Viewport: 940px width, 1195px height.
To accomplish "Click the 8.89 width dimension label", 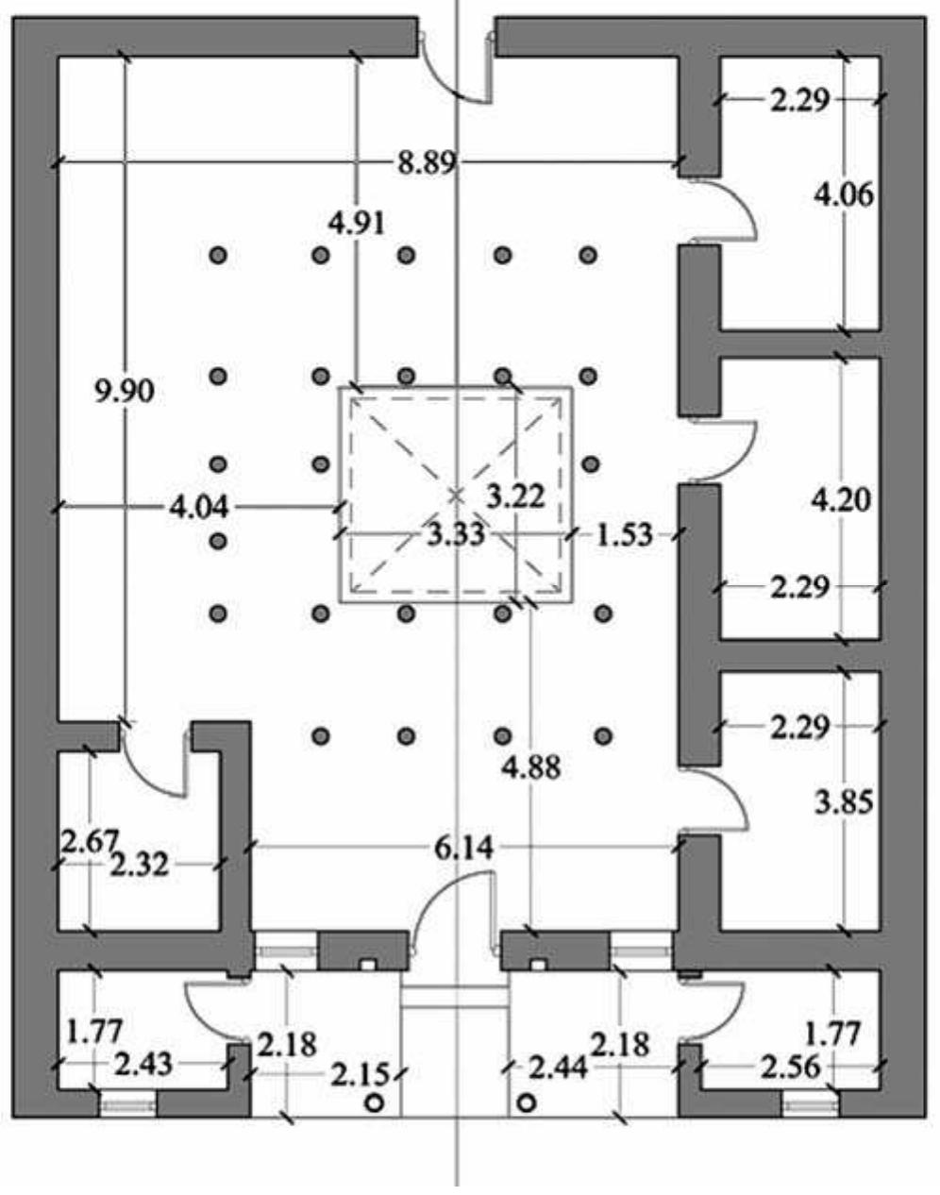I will (x=427, y=163).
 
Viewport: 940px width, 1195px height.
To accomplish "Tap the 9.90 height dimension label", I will (x=125, y=390).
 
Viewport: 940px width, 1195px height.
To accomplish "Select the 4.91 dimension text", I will (x=356, y=223).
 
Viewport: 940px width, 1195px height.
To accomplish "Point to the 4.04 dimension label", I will (x=198, y=508).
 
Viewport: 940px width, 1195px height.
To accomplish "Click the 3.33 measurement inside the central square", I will (x=456, y=535).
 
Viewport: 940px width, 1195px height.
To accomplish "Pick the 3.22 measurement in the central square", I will (x=515, y=495).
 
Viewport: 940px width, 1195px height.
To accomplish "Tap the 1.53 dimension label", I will (x=624, y=535).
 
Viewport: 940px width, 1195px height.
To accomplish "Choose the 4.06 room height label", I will (x=844, y=195).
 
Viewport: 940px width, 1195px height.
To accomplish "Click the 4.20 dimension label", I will (x=842, y=498).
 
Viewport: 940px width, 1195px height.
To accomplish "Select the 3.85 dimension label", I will (x=844, y=801).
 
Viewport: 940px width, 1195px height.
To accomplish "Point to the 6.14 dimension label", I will (x=464, y=848).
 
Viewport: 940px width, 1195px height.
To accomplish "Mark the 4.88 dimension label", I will (x=531, y=767).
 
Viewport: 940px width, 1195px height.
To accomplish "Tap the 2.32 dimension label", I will (x=139, y=863).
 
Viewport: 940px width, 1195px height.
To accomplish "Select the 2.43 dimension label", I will (x=143, y=1065).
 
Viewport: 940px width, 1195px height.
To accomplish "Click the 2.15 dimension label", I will (x=359, y=1074).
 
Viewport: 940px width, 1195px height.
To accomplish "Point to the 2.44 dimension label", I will (x=559, y=1069).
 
